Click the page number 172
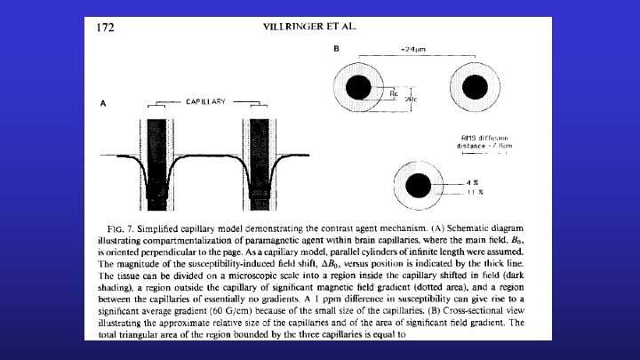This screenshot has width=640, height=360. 105,28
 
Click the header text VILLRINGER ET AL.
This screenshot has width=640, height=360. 311,27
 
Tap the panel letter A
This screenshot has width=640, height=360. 103,104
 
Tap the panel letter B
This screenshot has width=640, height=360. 337,48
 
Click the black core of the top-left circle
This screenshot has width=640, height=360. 359,87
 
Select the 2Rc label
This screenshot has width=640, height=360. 411,98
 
